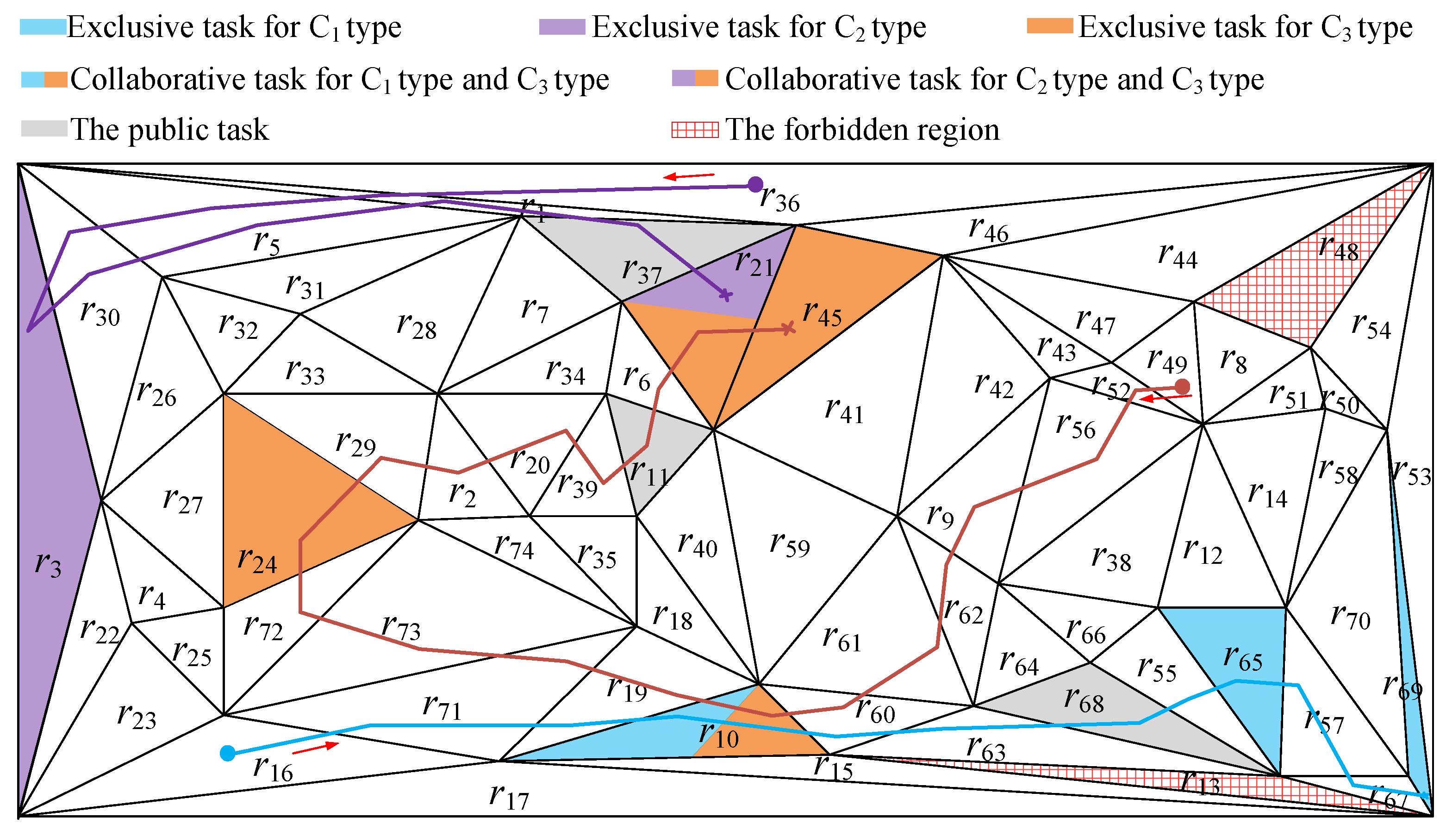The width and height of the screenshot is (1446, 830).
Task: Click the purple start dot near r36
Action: pyautogui.click(x=755, y=184)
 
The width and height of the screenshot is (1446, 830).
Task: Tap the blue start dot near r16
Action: pyautogui.click(x=227, y=754)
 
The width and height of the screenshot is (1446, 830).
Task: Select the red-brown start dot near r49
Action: pyautogui.click(x=1183, y=387)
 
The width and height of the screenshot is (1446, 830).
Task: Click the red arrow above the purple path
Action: pyautogui.click(x=689, y=176)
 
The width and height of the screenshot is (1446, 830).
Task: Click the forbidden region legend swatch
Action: pyautogui.click(x=695, y=130)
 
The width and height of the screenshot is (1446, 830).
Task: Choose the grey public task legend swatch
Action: pyautogui.click(x=44, y=129)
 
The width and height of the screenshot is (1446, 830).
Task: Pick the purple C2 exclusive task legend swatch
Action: pyautogui.click(x=562, y=27)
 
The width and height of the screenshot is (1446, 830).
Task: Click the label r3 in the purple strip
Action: pyautogui.click(x=48, y=565)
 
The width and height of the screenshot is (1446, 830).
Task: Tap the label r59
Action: pyautogui.click(x=789, y=545)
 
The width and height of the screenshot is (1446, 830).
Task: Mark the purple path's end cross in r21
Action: pyautogui.click(x=726, y=295)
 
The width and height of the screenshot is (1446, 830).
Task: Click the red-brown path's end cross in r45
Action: pyautogui.click(x=789, y=328)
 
